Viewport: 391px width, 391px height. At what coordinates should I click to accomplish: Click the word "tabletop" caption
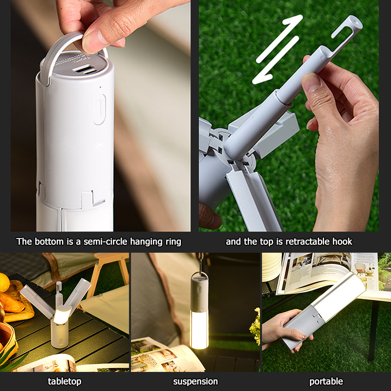[65, 381]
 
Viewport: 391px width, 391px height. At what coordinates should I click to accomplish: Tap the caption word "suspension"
[195, 382]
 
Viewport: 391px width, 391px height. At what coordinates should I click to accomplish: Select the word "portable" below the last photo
[326, 381]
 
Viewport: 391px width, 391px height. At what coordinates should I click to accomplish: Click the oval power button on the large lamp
[100, 109]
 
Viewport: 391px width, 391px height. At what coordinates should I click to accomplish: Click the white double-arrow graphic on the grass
[277, 50]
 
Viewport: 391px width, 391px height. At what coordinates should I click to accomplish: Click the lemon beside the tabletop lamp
[4, 282]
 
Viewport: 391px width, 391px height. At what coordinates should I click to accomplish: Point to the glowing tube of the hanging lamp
[199, 329]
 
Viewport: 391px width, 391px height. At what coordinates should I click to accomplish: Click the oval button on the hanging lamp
[199, 290]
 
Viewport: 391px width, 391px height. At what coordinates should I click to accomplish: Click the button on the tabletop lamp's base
[60, 342]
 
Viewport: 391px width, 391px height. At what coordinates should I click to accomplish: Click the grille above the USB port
[72, 59]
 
